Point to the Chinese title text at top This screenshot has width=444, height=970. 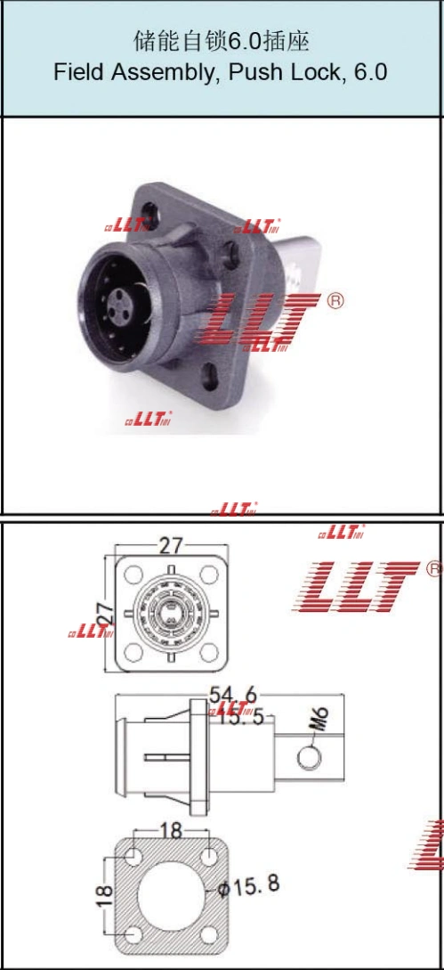pos(221,42)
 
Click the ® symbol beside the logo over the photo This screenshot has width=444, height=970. pos(335,300)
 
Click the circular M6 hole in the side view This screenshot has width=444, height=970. pos(307,757)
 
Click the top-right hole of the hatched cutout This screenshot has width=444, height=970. pos(208,857)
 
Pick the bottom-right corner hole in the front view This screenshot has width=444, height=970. pos(207,652)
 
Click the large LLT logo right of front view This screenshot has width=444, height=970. pos(356,587)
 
